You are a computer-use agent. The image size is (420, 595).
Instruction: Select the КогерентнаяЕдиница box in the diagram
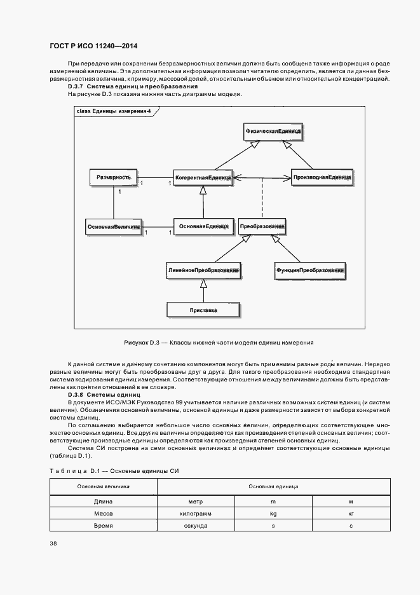[203, 176]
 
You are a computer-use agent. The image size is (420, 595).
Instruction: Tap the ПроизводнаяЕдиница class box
[322, 176]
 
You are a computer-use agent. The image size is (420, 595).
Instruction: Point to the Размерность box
[113, 177]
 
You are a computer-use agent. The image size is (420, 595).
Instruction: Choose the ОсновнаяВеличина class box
[113, 226]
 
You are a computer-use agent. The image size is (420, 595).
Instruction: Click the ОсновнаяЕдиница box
[203, 226]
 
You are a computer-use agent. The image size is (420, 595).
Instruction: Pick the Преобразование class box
[262, 226]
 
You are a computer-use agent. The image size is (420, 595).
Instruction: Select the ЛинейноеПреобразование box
[203, 270]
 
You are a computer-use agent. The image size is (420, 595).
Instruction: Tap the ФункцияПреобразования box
[309, 270]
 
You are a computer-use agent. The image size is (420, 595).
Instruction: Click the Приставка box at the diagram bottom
[203, 310]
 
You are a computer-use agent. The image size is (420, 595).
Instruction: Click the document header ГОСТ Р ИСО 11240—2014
[93, 46]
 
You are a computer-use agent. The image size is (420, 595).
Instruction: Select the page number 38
[53, 544]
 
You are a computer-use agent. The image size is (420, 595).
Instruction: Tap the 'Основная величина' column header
[103, 486]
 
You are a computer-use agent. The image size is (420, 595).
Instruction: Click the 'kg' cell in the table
[273, 512]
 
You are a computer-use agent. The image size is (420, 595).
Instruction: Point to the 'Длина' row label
[103, 502]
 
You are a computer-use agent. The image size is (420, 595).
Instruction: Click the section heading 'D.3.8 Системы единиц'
[104, 395]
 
